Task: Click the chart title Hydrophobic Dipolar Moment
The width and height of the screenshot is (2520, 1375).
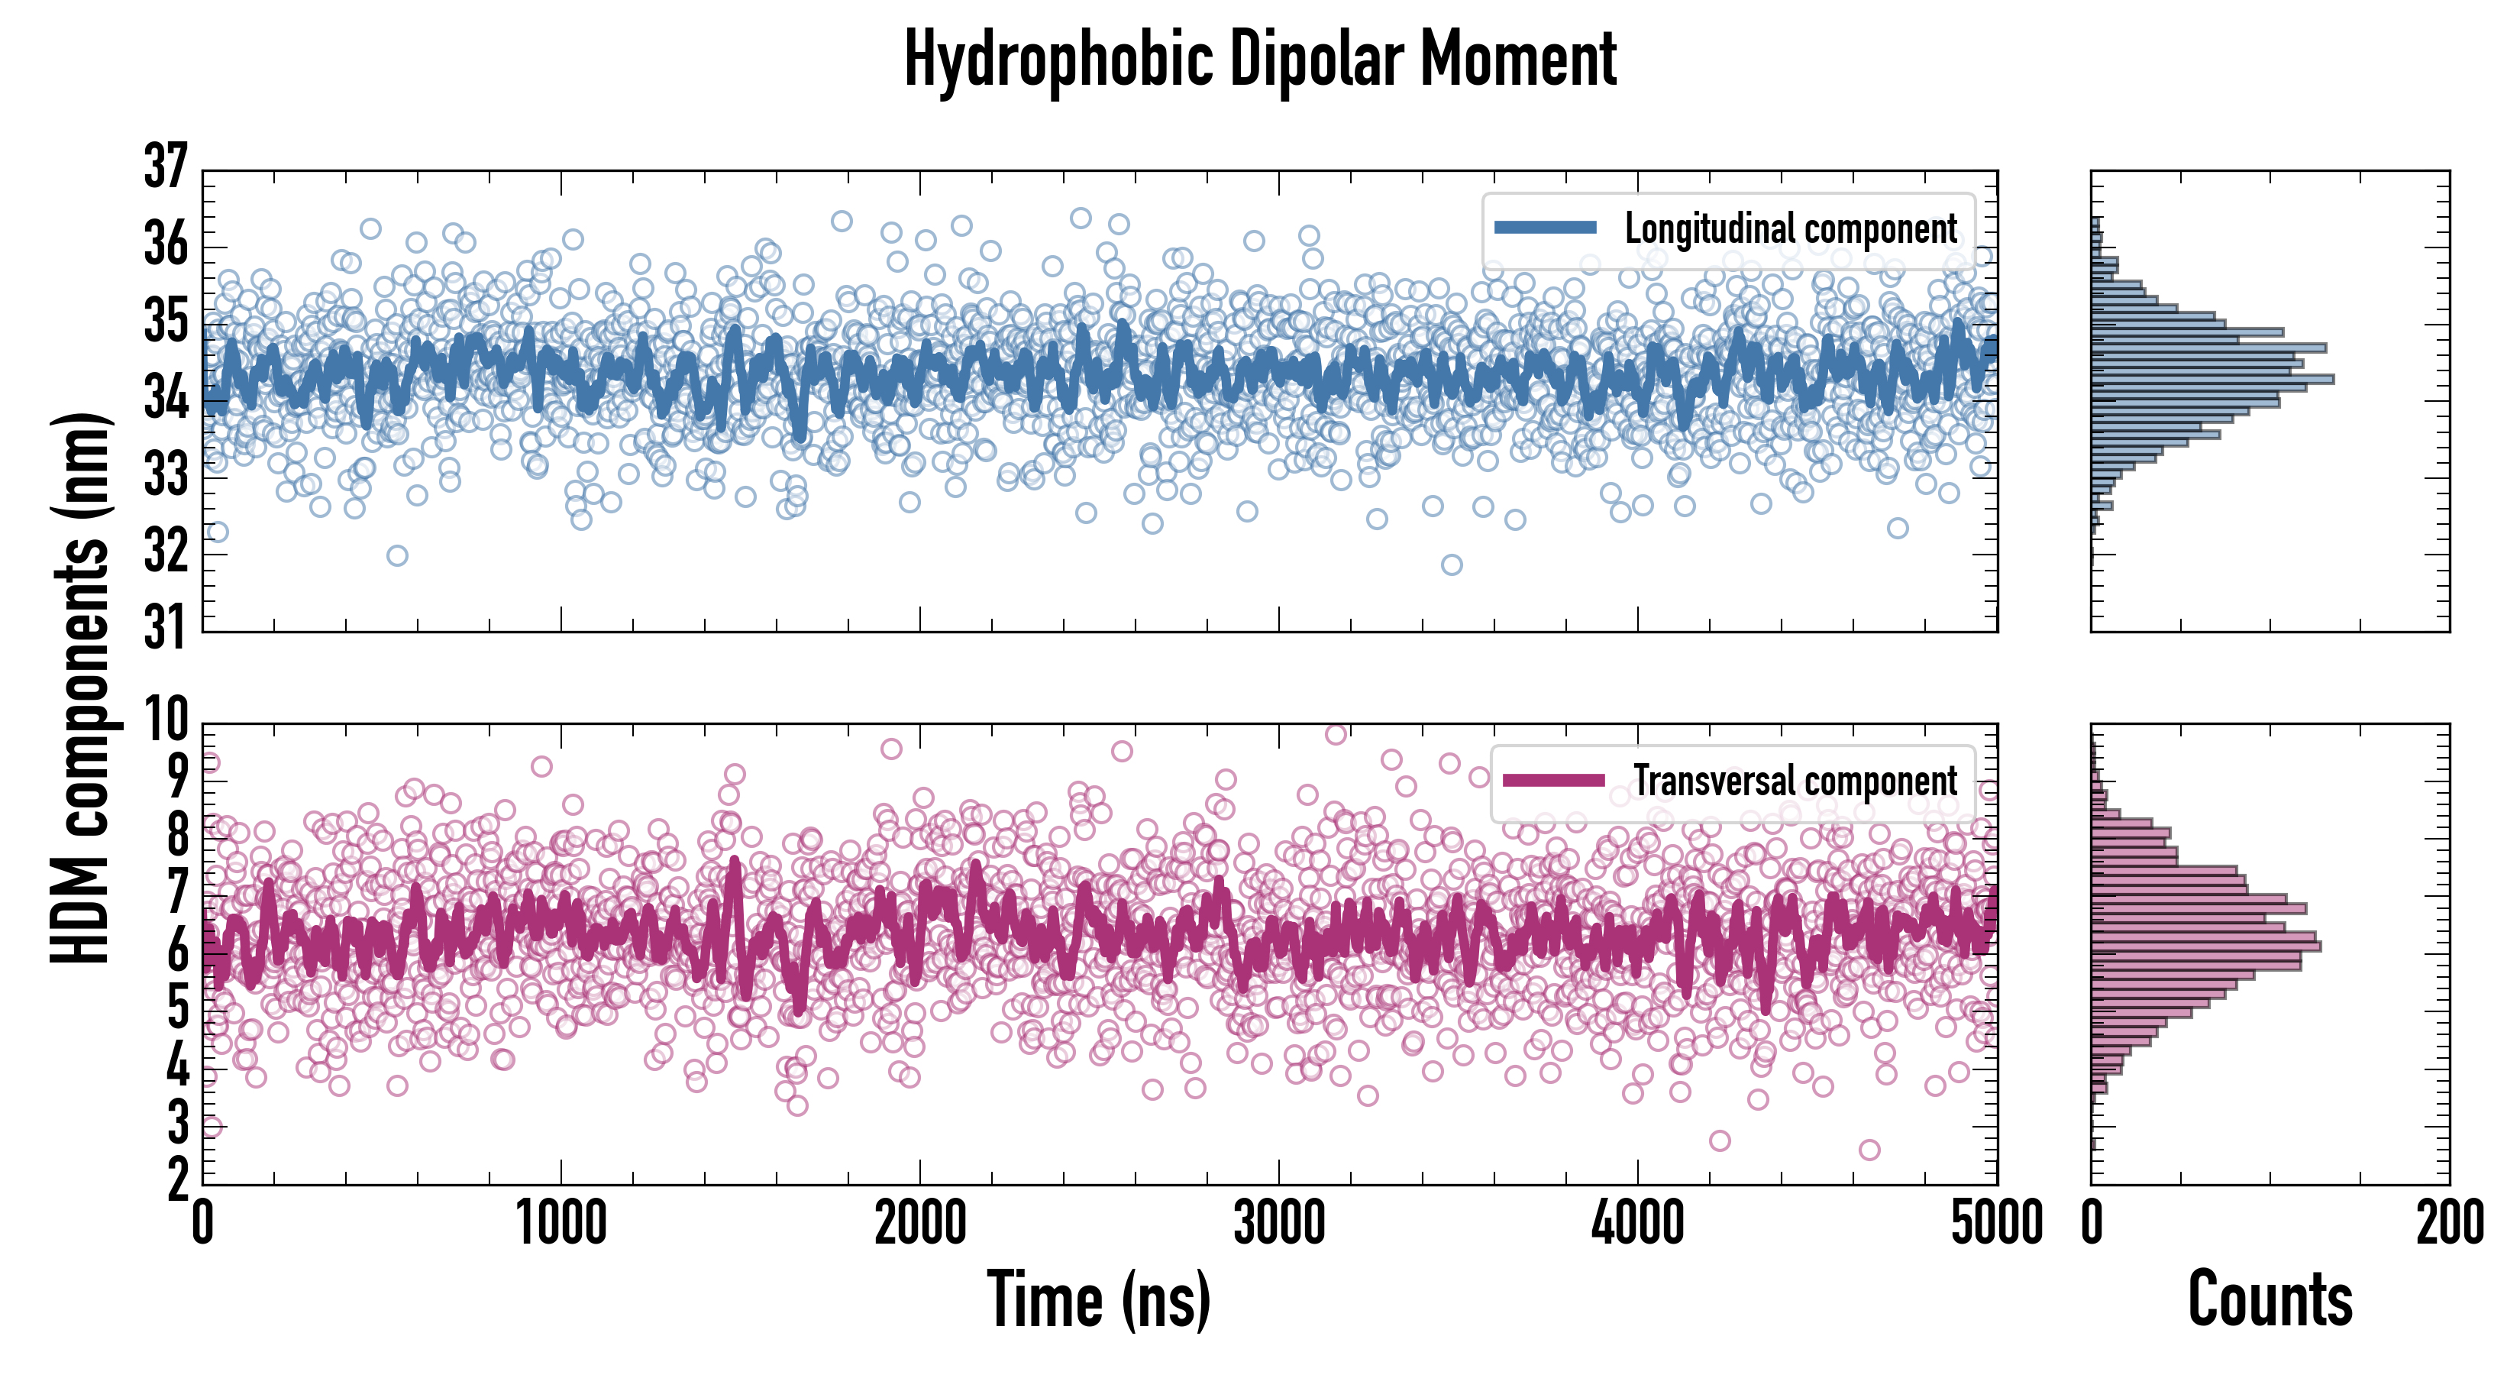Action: (1260, 60)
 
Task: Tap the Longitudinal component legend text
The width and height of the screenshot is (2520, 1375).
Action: (1790, 229)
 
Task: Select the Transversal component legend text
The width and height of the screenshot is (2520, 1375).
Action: (1795, 781)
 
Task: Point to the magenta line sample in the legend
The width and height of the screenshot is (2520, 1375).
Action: (1553, 780)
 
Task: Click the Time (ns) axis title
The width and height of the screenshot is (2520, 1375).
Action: (1099, 1299)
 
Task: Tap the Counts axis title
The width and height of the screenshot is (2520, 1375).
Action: (2270, 1299)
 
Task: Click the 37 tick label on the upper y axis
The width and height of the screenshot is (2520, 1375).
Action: (164, 167)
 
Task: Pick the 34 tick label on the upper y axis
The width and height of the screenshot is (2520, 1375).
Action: (164, 398)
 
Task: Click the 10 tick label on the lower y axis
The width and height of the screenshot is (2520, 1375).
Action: (164, 721)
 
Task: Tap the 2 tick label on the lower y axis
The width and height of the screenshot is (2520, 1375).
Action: (177, 1181)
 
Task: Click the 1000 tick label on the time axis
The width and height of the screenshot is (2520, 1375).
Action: (561, 1223)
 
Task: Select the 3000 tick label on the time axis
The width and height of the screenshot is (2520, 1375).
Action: (1278, 1223)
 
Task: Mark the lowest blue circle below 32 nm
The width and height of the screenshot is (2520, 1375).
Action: (1452, 565)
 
